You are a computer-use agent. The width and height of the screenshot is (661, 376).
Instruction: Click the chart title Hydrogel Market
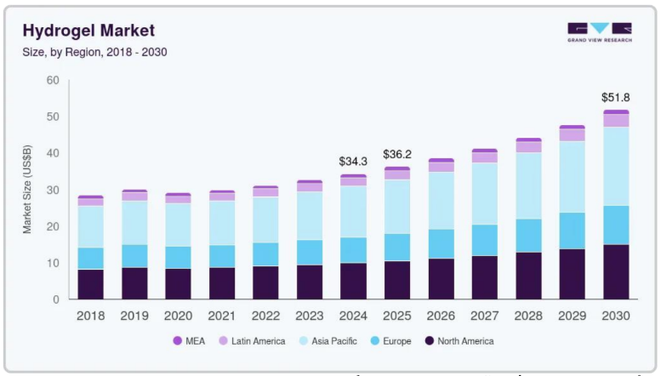pyautogui.click(x=88, y=31)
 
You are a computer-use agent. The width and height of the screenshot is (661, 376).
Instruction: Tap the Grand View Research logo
pyautogui.click(x=599, y=32)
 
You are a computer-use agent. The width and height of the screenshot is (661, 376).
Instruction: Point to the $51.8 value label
pyautogui.click(x=615, y=98)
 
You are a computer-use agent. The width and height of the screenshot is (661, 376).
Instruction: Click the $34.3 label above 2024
pyautogui.click(x=353, y=161)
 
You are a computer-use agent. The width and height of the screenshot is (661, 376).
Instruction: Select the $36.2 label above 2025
pyautogui.click(x=397, y=154)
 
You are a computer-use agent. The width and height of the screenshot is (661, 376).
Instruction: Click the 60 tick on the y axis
pyautogui.click(x=53, y=81)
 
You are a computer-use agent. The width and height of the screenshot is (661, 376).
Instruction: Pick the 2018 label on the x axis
pyautogui.click(x=90, y=316)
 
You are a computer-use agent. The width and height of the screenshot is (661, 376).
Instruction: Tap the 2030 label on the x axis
pyautogui.click(x=616, y=316)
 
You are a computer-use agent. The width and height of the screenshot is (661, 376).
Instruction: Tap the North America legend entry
pyautogui.click(x=459, y=341)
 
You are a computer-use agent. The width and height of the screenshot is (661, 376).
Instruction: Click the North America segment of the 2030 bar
pyautogui.click(x=616, y=272)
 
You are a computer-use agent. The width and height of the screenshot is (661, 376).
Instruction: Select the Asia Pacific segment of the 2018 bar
pyautogui.click(x=90, y=226)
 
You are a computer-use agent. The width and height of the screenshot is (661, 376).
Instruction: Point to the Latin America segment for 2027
pyautogui.click(x=484, y=157)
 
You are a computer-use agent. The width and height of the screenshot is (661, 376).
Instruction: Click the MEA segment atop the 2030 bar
pyautogui.click(x=616, y=112)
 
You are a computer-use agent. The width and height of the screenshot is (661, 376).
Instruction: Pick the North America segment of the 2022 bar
pyautogui.click(x=265, y=282)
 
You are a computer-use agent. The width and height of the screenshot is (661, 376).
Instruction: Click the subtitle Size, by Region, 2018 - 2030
pyautogui.click(x=94, y=52)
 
